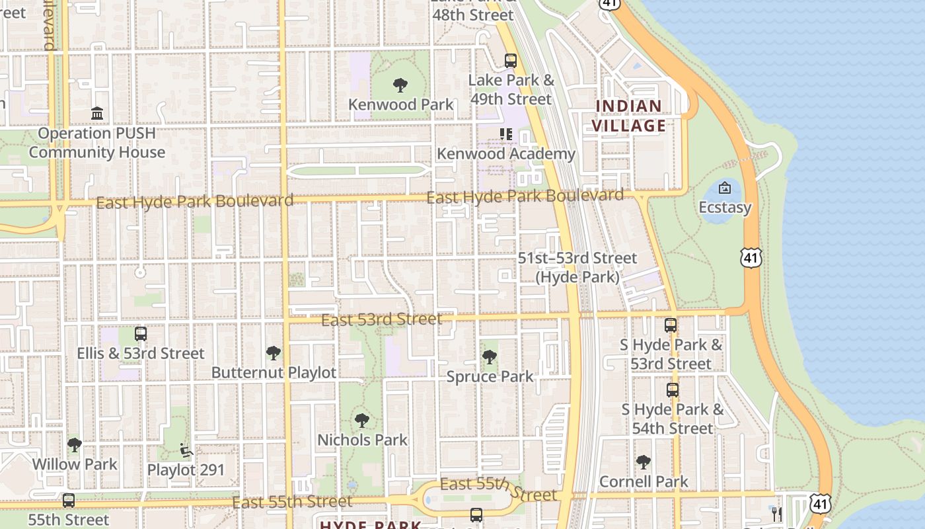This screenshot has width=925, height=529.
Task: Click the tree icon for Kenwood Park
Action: [x=400, y=85]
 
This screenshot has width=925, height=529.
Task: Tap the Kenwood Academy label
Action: [x=506, y=154]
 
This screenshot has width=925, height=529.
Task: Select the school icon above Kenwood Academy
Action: [x=506, y=134]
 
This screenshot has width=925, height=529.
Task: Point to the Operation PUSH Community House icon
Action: [x=97, y=114]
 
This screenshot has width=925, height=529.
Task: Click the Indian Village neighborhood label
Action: [x=628, y=116]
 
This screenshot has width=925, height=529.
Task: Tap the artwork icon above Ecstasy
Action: [x=725, y=188]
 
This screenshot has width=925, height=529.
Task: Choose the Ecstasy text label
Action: [x=725, y=208]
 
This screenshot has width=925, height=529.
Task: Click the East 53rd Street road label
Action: [x=381, y=320]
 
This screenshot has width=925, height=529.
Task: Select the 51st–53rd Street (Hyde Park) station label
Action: [x=577, y=267]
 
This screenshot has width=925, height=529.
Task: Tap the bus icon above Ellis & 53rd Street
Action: [x=140, y=334]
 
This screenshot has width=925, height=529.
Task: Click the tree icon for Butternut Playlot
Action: [x=273, y=353]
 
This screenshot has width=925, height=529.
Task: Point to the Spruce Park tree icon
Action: [x=490, y=357]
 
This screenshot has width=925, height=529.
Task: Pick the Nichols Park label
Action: [x=362, y=440]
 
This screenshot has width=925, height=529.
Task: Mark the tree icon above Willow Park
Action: [x=75, y=445]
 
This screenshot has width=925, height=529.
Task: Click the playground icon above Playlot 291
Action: [x=186, y=450]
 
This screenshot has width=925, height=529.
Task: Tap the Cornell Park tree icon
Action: [x=643, y=462]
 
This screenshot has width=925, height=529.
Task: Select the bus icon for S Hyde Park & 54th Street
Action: [x=673, y=390]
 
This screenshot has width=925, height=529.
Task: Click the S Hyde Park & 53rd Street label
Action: [x=671, y=354]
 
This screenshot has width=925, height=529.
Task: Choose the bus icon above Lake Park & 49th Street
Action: [x=511, y=61]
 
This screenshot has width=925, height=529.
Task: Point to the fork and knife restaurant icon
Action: [x=777, y=513]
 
